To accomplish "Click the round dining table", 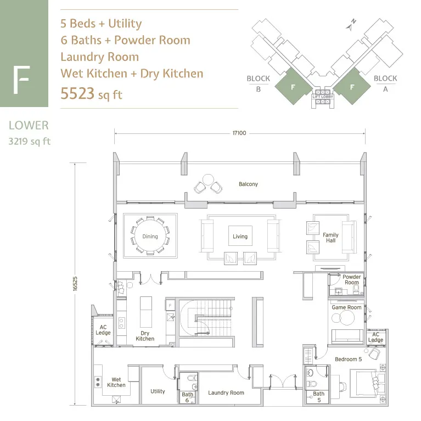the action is [x=150, y=236].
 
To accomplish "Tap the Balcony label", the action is [x=248, y=184].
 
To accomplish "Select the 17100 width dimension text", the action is [x=239, y=133].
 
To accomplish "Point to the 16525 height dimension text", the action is [x=75, y=284].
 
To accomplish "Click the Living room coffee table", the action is [x=240, y=235].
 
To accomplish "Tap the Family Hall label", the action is [x=330, y=238].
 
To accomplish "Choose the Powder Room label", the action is [x=352, y=279].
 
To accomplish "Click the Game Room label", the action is [x=346, y=307].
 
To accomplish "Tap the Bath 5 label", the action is [x=319, y=397].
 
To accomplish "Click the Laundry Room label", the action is [x=226, y=393].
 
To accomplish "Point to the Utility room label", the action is [x=158, y=391].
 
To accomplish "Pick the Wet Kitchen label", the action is [x=116, y=383].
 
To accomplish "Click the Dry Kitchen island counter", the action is [x=146, y=312].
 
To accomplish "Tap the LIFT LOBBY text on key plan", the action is [x=323, y=97].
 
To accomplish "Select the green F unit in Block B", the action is [x=294, y=86].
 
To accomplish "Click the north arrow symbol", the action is [x=351, y=25].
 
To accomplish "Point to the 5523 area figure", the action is [x=77, y=94].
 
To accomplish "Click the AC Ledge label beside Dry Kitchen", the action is [x=103, y=330].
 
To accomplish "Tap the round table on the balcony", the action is [x=208, y=179].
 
